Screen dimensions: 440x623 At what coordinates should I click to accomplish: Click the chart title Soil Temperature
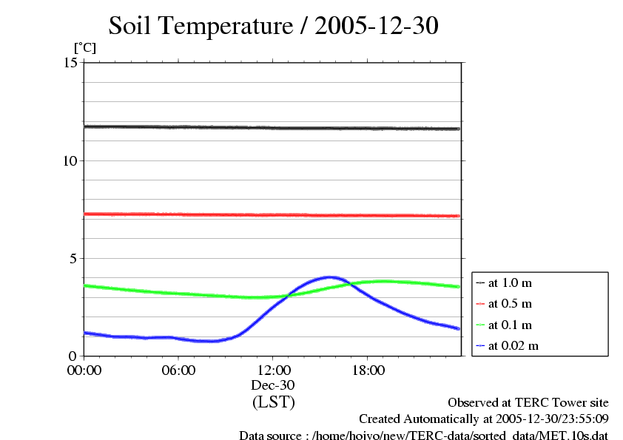(274, 27)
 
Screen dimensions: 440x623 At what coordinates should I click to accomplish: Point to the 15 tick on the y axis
(71, 63)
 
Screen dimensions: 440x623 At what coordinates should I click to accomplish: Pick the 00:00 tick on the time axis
(84, 370)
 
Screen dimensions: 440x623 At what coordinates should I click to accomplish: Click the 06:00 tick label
(178, 370)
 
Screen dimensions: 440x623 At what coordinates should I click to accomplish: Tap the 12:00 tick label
(273, 370)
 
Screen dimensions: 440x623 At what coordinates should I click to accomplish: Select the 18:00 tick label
(368, 370)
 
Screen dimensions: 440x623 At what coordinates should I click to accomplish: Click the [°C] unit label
(84, 47)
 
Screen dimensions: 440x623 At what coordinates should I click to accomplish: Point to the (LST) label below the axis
(273, 403)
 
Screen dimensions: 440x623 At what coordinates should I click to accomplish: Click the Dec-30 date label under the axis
(273, 385)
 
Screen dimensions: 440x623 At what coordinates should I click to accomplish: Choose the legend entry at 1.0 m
(510, 282)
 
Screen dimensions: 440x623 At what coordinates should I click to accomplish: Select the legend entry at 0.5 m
(510, 303)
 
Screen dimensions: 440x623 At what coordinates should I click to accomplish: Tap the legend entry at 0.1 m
(510, 325)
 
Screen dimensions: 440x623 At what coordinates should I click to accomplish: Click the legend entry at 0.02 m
(513, 345)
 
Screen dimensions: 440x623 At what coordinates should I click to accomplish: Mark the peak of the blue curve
(329, 277)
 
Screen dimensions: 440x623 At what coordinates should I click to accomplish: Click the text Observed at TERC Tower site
(528, 403)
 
